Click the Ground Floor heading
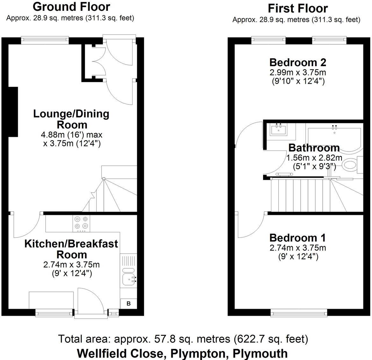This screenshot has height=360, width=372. pos(71,6)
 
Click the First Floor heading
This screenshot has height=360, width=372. pos(298,8)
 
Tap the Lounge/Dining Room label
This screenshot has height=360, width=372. pos(71,119)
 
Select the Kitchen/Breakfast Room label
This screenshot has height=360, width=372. pos(71,249)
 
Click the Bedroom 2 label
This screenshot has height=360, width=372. pos(297,62)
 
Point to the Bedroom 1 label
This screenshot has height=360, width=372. pos(297,237)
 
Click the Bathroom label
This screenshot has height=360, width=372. pos(314,148)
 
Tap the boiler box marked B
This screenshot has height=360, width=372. pos(128,304)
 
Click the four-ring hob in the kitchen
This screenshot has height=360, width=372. pos(81,223)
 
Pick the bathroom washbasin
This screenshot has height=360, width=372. pos(279,130)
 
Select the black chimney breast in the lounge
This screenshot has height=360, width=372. pos(13,112)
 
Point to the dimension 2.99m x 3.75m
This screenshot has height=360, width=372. pos(297,72)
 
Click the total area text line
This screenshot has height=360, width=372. pos(183,339)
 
